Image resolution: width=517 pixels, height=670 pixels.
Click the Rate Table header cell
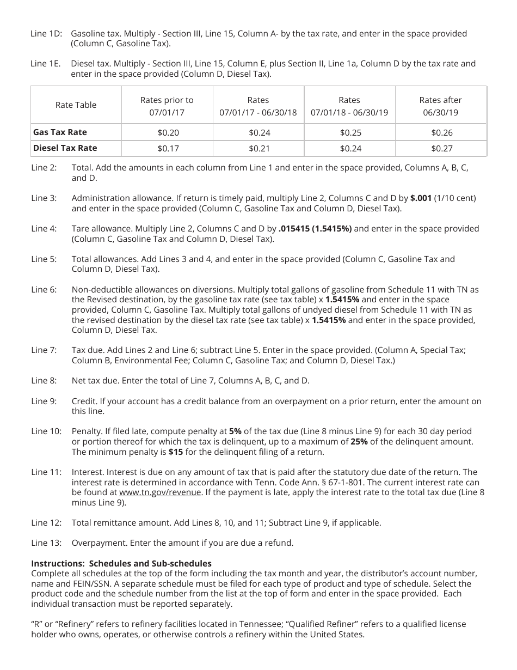click(76, 105)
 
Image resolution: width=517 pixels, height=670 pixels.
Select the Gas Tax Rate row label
click(60, 132)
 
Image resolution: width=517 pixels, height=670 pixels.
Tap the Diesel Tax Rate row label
click(65, 148)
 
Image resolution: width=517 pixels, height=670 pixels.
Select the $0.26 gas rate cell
click(441, 132)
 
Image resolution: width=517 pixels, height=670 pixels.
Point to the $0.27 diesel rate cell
click(441, 148)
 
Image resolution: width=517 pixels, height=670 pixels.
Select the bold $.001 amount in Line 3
click(421, 198)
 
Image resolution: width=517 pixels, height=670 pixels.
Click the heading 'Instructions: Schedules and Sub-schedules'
click(121, 563)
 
